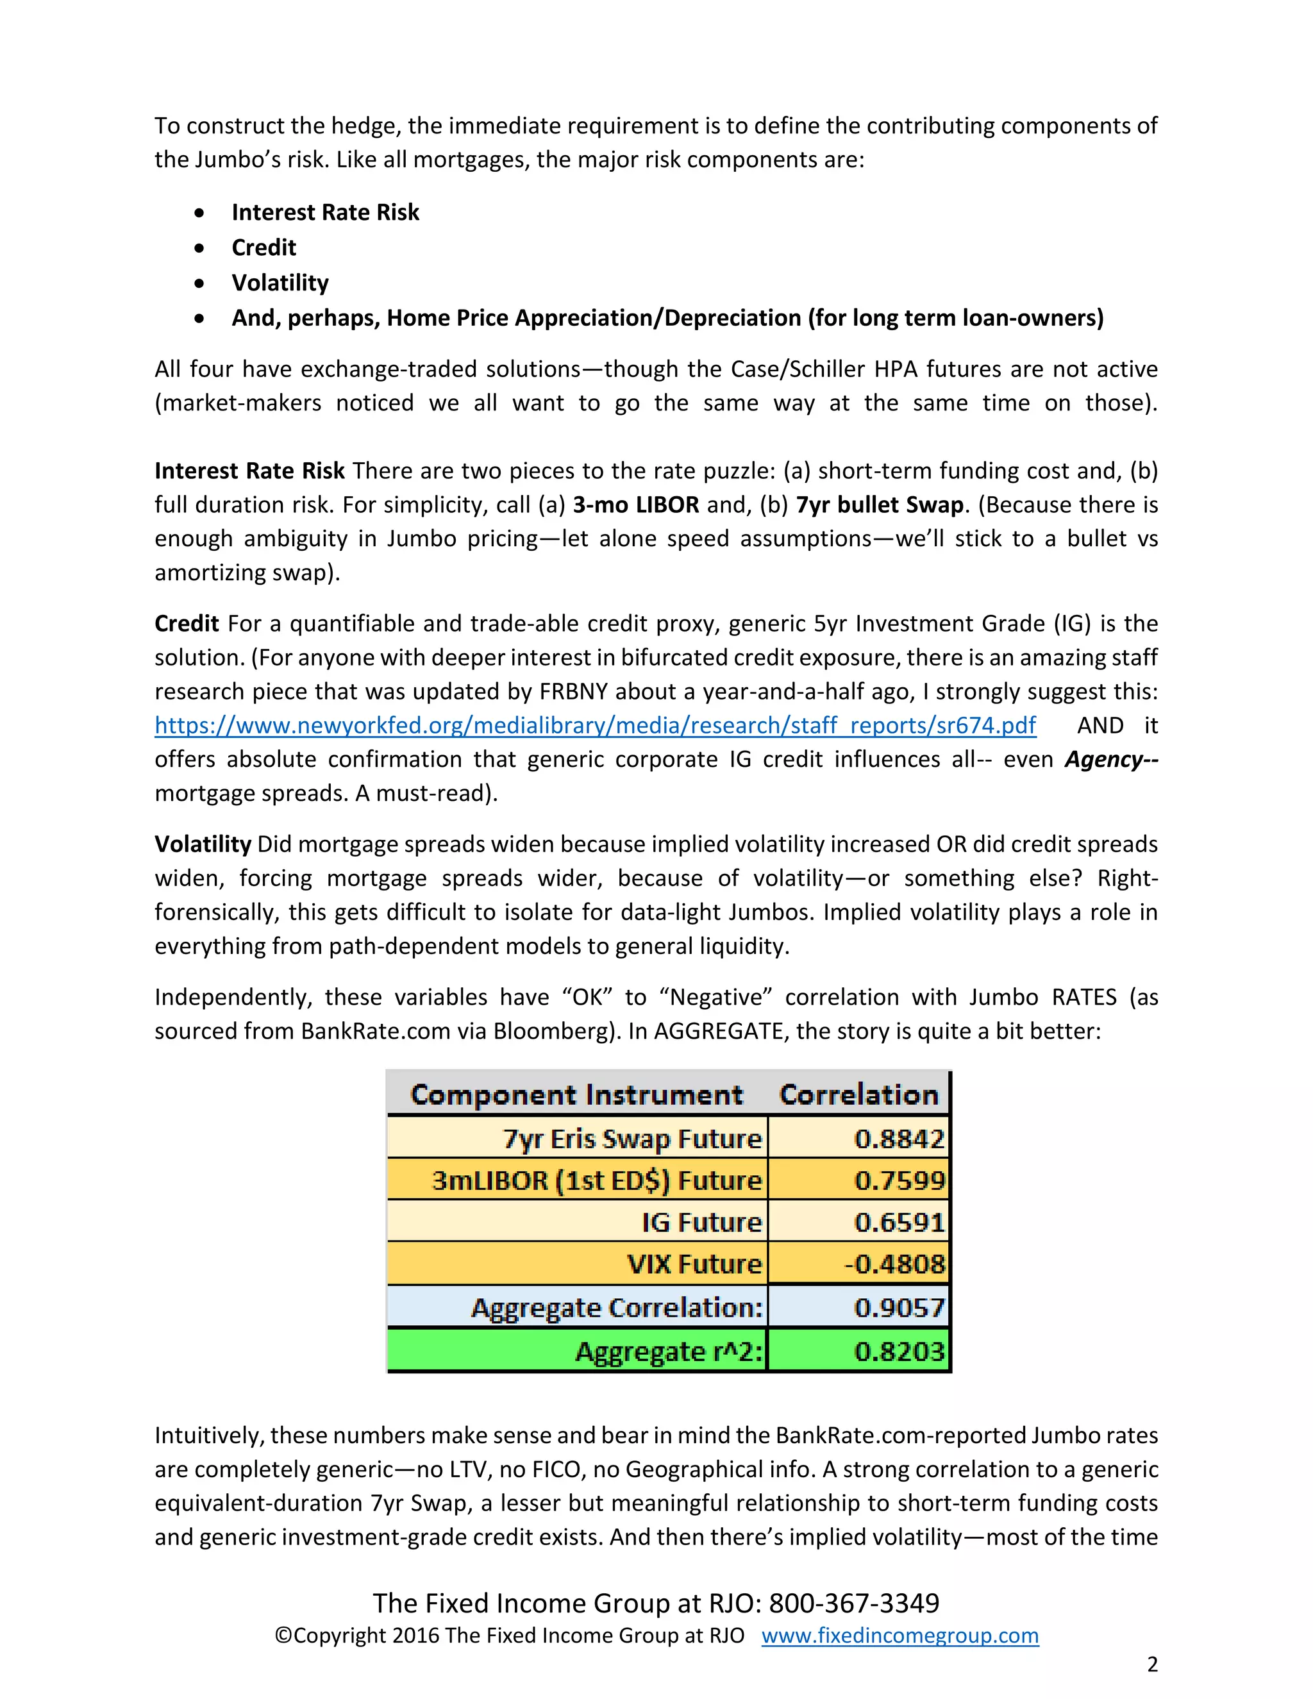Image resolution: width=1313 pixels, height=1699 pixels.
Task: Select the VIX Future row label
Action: click(x=694, y=1264)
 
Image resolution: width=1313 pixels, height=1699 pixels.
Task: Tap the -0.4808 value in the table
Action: click(x=894, y=1264)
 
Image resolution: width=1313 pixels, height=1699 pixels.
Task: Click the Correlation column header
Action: click(x=858, y=1094)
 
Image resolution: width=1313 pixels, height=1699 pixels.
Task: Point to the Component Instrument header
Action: click(x=576, y=1094)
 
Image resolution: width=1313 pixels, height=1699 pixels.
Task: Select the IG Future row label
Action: click(x=701, y=1222)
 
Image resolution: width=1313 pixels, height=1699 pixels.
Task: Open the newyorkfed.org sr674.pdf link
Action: click(x=595, y=725)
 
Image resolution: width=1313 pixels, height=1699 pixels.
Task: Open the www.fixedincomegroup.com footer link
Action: click(x=900, y=1636)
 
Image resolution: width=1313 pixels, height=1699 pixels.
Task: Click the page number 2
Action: click(x=1152, y=1664)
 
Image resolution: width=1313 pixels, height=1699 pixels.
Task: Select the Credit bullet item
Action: click(x=263, y=247)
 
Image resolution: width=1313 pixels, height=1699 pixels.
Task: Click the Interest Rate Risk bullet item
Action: click(x=325, y=212)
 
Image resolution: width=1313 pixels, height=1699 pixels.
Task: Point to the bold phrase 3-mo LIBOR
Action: click(x=635, y=505)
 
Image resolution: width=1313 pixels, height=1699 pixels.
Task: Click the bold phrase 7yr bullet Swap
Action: click(x=879, y=505)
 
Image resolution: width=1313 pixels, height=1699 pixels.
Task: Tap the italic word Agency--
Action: click(x=1111, y=759)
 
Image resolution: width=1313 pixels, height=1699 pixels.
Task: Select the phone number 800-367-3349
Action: click(x=853, y=1603)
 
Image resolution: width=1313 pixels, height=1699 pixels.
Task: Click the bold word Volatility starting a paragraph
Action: click(x=202, y=844)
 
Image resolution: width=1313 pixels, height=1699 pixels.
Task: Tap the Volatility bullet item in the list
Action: click(x=280, y=282)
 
